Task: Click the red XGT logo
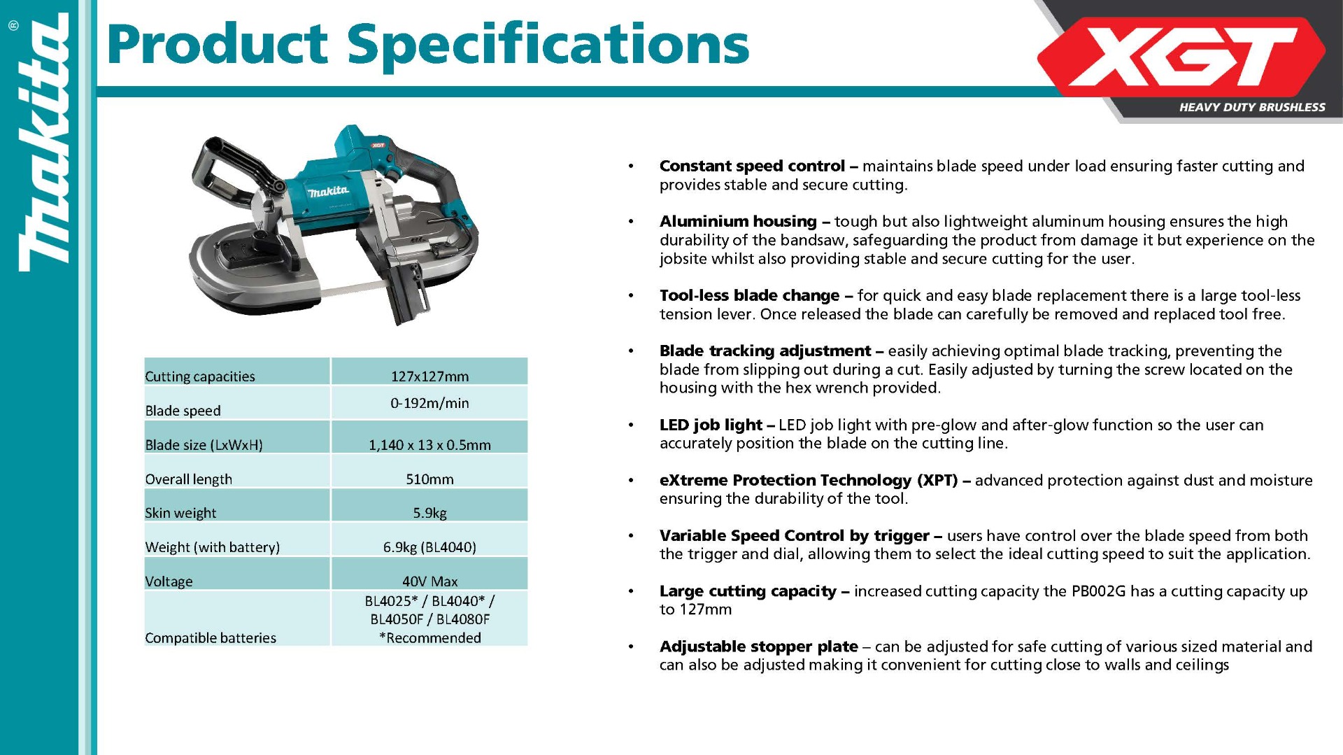tap(1181, 57)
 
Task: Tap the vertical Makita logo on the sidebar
tap(44, 143)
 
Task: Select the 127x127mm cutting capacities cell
tap(429, 376)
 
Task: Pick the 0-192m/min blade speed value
tap(429, 403)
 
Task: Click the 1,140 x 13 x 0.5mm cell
tap(429, 445)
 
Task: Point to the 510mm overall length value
tap(429, 479)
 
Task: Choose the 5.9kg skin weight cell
tap(429, 513)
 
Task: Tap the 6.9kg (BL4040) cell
tap(429, 547)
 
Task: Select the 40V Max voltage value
tap(429, 581)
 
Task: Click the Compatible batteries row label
tap(211, 638)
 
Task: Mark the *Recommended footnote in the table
tap(429, 638)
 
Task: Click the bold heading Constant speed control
tap(752, 166)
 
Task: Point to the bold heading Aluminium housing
tap(738, 221)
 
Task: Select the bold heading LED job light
tap(711, 425)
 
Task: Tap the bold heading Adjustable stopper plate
tap(758, 647)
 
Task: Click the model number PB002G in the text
tap(1098, 591)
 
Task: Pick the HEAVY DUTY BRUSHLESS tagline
tap(1252, 107)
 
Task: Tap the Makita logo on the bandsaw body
tap(329, 191)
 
